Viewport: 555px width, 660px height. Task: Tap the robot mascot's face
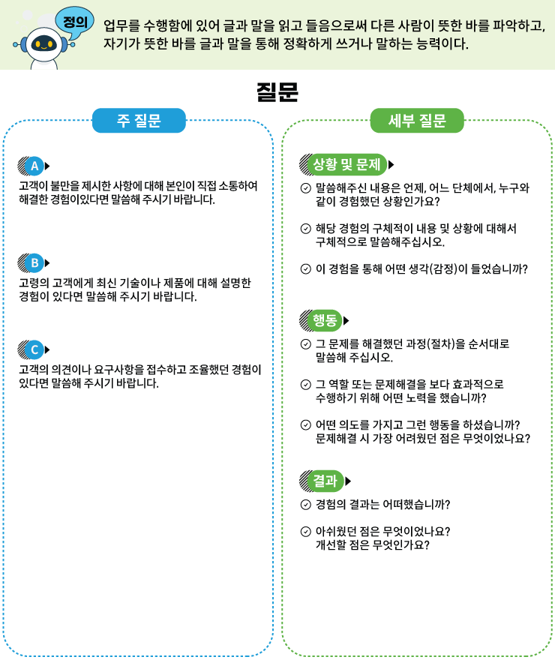tap(43, 44)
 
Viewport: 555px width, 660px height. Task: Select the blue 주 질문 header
tap(139, 121)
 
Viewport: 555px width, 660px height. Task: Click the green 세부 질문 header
tap(417, 121)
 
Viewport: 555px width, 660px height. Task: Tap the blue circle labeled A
tap(34, 166)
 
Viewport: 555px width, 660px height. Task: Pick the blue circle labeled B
tap(34, 262)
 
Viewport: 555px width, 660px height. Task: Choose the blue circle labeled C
tap(34, 349)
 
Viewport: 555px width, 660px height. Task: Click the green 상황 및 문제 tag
tap(346, 164)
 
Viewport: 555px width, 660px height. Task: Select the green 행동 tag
tap(325, 320)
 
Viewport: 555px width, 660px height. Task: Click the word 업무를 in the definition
tap(123, 26)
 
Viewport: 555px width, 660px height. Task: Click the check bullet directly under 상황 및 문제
tap(306, 187)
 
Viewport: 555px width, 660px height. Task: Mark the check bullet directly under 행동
tap(306, 344)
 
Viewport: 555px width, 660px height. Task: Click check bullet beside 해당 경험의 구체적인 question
tap(306, 229)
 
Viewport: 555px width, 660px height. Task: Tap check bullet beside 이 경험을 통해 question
tap(306, 268)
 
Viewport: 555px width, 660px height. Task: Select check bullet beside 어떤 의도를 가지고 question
tap(306, 425)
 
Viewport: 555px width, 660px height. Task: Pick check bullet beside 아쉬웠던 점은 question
tap(306, 532)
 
